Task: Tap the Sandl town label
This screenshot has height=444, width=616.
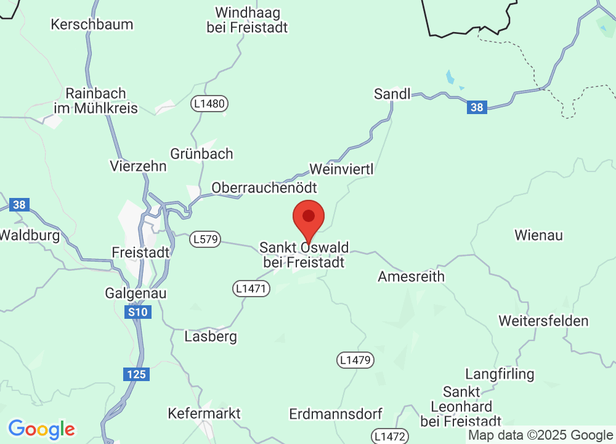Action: tap(392, 94)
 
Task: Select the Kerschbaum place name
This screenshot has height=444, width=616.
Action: tap(92, 25)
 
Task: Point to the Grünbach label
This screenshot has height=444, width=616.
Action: tap(201, 154)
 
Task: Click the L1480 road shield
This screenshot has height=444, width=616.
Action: tap(209, 103)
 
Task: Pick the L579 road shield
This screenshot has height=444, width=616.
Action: tap(205, 239)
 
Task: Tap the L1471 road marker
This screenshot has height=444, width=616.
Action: tap(251, 288)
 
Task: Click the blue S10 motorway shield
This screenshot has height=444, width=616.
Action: tap(138, 313)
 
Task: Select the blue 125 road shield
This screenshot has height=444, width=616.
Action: tap(136, 374)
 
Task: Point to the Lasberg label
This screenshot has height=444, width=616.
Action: tap(211, 337)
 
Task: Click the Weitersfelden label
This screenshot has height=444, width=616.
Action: tap(543, 321)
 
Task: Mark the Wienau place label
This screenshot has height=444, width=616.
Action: tap(538, 235)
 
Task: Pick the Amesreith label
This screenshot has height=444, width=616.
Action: tap(411, 276)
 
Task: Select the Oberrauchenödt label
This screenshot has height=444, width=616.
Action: tap(264, 187)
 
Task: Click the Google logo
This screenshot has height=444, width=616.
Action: tap(42, 429)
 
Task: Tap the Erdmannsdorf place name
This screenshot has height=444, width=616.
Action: tap(336, 413)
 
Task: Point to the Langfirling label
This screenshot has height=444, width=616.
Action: tap(500, 374)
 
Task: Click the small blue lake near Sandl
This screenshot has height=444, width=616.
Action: tap(451, 77)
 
